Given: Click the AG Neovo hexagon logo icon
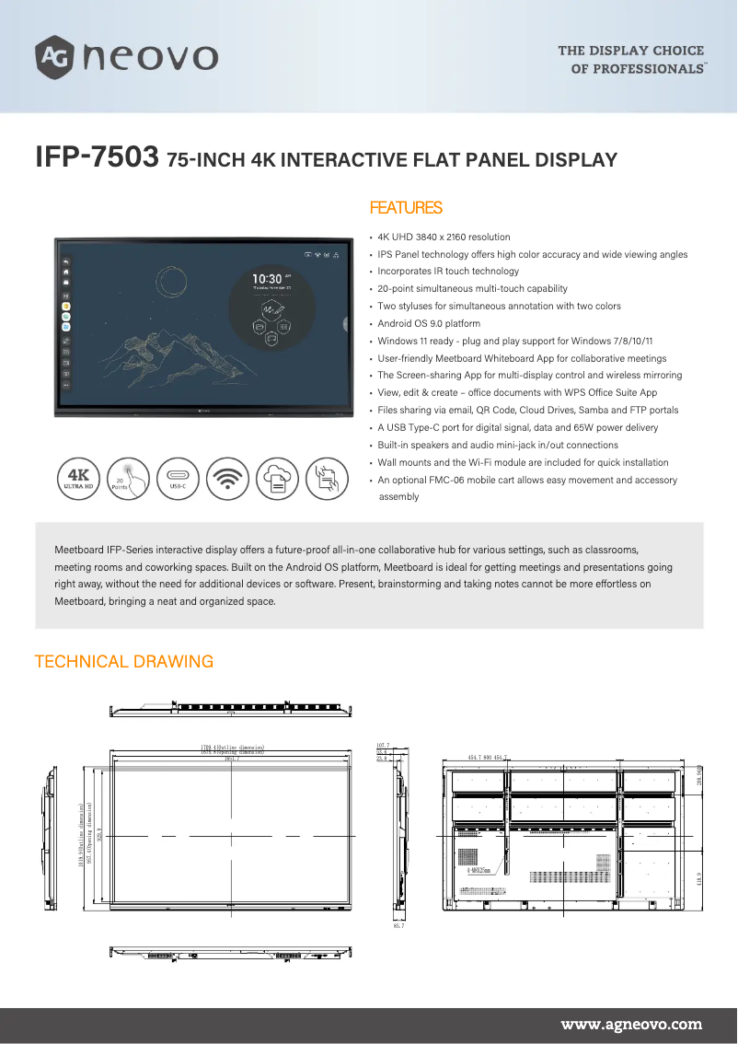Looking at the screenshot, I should pos(55,56).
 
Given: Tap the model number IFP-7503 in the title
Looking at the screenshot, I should pos(97,157).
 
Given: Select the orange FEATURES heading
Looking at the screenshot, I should pos(405,208).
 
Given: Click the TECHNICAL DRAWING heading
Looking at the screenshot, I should pos(123,662).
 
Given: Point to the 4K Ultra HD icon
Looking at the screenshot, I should pos(78,480).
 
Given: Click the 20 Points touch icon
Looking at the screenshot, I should pos(128,480).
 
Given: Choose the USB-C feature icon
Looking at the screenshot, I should pos(178,480).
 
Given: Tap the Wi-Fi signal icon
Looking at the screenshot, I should pos(227,480).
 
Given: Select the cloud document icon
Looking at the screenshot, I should pos(277,480).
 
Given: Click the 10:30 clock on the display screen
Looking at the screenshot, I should pos(268,278).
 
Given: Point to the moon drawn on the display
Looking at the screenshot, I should pos(169,280).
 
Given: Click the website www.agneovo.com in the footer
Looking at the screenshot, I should pos(631,1024).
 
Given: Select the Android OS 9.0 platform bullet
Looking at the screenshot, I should pos(429,324).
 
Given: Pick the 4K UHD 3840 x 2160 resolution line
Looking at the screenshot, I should pos(444,238).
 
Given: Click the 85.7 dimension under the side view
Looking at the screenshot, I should pos(398,925).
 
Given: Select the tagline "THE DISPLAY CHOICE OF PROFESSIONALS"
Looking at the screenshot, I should pos(631,60).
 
